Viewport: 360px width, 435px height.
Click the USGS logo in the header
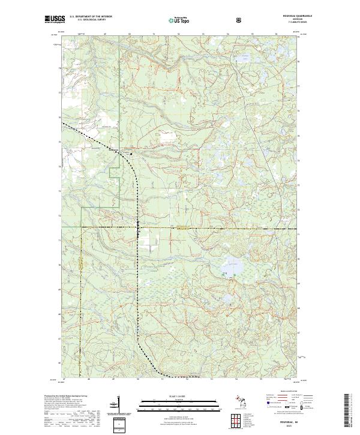click(x=56, y=20)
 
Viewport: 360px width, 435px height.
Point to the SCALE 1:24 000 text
click(x=169, y=396)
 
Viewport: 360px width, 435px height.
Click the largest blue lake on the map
click(x=232, y=265)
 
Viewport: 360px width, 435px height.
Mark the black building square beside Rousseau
click(x=131, y=154)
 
